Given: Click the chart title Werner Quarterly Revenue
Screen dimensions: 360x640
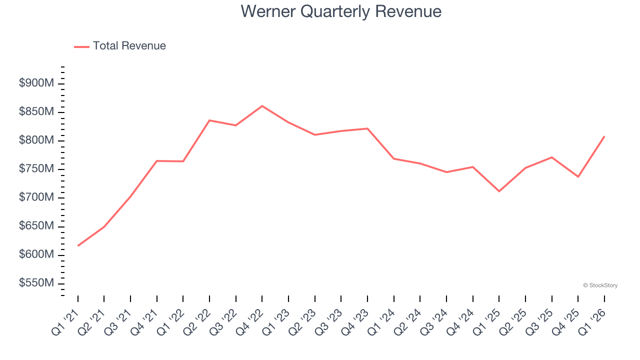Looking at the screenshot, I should pos(340,11).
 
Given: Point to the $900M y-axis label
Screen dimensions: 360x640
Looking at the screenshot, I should pos(36,83).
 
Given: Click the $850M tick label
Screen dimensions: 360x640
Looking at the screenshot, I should pos(36,112).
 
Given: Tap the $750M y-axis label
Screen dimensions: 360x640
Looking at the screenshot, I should pos(36,169).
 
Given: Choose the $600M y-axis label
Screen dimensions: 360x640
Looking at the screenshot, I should pos(36,255).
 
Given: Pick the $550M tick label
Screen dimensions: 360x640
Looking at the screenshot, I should pos(36,283).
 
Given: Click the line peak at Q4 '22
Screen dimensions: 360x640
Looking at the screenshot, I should pos(262,106).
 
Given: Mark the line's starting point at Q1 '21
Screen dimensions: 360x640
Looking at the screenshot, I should pos(78,245).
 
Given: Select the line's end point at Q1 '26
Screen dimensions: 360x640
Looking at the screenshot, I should pos(604,136).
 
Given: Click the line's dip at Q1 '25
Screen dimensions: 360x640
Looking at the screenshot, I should pos(499,191).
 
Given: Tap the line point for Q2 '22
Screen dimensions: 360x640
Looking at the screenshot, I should pos(209,120).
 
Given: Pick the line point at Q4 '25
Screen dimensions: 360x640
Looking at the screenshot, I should pos(578,176).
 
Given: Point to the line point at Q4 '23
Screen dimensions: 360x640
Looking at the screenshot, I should pos(367,128).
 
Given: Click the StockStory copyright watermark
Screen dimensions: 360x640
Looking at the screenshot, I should pos(600,285).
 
